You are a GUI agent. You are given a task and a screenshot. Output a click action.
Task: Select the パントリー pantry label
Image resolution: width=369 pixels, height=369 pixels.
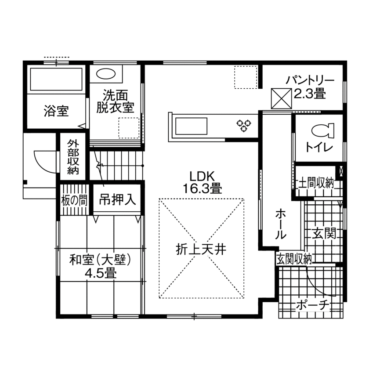tap(310, 81)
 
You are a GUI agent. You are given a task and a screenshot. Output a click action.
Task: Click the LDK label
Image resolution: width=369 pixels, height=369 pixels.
tap(202, 176)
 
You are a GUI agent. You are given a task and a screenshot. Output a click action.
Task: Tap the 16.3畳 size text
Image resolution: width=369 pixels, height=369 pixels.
tap(202, 189)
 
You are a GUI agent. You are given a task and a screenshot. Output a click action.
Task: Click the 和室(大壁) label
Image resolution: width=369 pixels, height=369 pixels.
tap(101, 260)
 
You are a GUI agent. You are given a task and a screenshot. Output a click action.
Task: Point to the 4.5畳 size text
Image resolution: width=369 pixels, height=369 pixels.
tap(101, 274)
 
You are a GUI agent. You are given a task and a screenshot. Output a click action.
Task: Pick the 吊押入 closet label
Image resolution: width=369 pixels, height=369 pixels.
tap(117, 199)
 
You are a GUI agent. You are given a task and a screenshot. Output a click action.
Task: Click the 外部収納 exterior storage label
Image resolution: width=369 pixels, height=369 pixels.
tap(72, 157)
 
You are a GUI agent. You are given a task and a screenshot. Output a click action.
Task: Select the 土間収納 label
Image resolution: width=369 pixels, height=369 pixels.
tap(316, 182)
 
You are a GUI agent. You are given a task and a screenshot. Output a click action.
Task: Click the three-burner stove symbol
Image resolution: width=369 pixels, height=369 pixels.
tap(243, 126)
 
